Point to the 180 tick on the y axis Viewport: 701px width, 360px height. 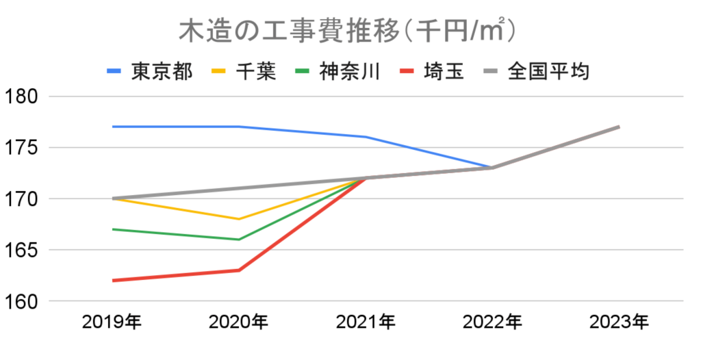pyautogui.click(x=23, y=97)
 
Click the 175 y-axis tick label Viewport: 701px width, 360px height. pyautogui.click(x=23, y=148)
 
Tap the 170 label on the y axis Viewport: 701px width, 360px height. pyautogui.click(x=23, y=199)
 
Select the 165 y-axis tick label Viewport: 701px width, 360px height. pyautogui.click(x=23, y=250)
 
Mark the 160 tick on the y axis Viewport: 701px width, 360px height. pyautogui.click(x=23, y=302)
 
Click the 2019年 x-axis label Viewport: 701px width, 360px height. pyautogui.click(x=112, y=322)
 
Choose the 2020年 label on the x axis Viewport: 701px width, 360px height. pyautogui.click(x=238, y=322)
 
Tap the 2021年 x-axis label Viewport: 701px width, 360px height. pyautogui.click(x=365, y=322)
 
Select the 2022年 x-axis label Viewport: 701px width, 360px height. pyautogui.click(x=492, y=322)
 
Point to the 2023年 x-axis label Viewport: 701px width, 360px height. pyautogui.click(x=618, y=322)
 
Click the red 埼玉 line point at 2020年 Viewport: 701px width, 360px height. pyautogui.click(x=238, y=270)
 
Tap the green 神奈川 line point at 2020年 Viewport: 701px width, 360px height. pyautogui.click(x=238, y=240)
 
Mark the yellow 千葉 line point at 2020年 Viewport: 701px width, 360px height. pyautogui.click(x=238, y=219)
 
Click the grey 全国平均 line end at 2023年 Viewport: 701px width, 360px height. pyautogui.click(x=618, y=127)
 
